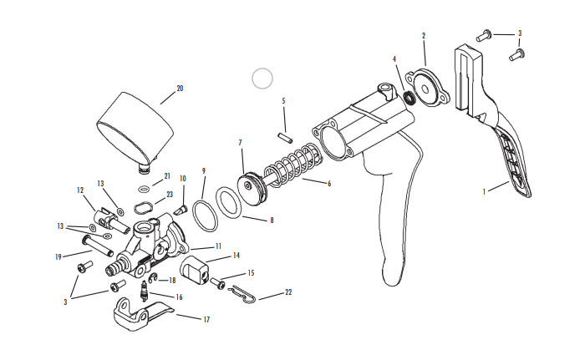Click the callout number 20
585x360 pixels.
[x=179, y=88]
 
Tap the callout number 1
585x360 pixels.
[x=484, y=190]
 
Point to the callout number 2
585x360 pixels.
[x=424, y=36]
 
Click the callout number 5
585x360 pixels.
[x=283, y=101]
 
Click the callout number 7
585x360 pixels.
[x=240, y=143]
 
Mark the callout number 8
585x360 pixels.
[x=271, y=220]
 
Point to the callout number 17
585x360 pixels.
[x=206, y=319]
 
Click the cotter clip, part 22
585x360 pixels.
[x=241, y=292]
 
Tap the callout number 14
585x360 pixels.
[x=237, y=256]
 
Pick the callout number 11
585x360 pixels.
[x=218, y=246]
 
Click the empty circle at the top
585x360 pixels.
[x=262, y=79]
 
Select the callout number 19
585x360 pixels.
[x=58, y=256]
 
